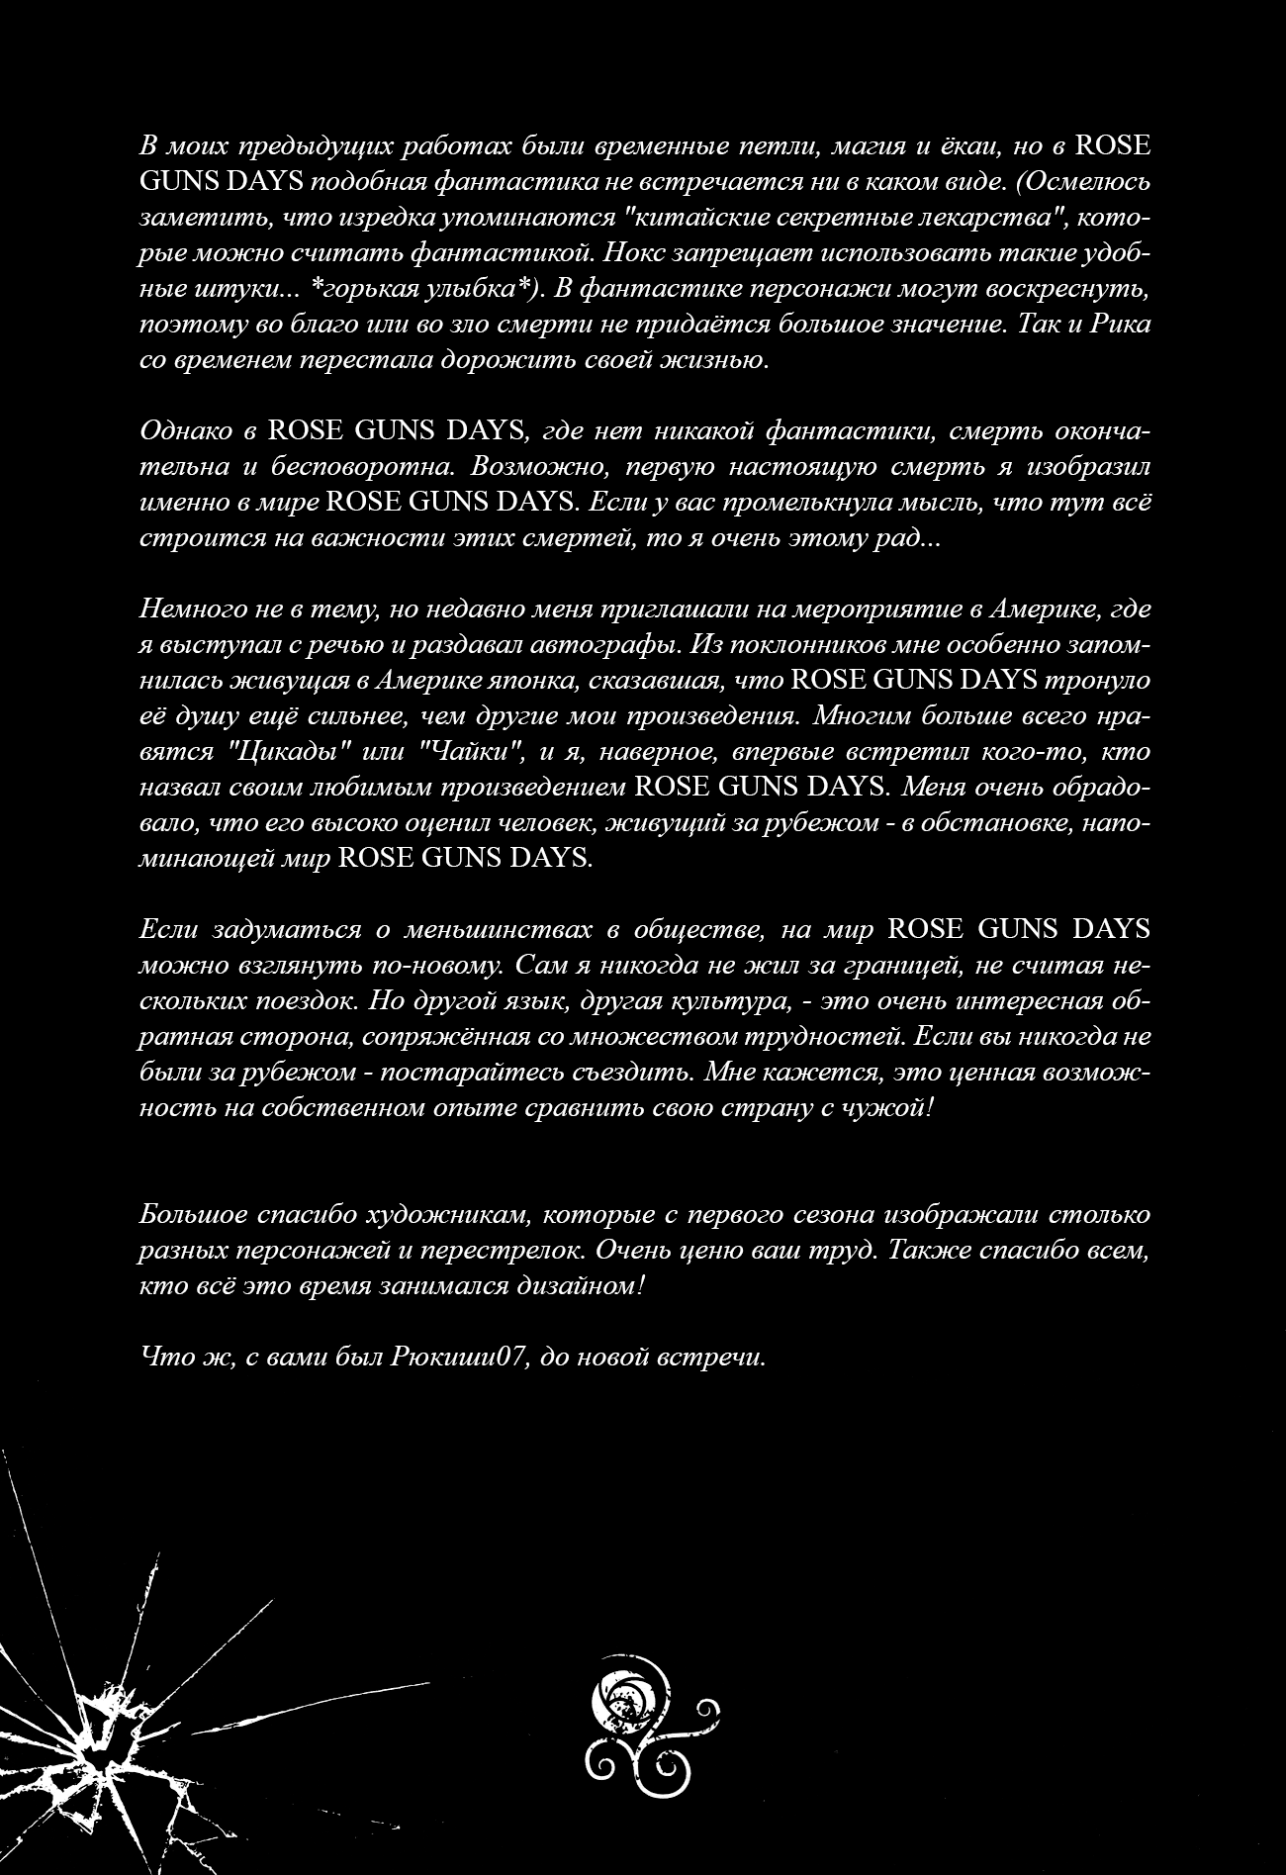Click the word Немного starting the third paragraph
tap(193, 609)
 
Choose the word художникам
tap(458, 1214)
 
